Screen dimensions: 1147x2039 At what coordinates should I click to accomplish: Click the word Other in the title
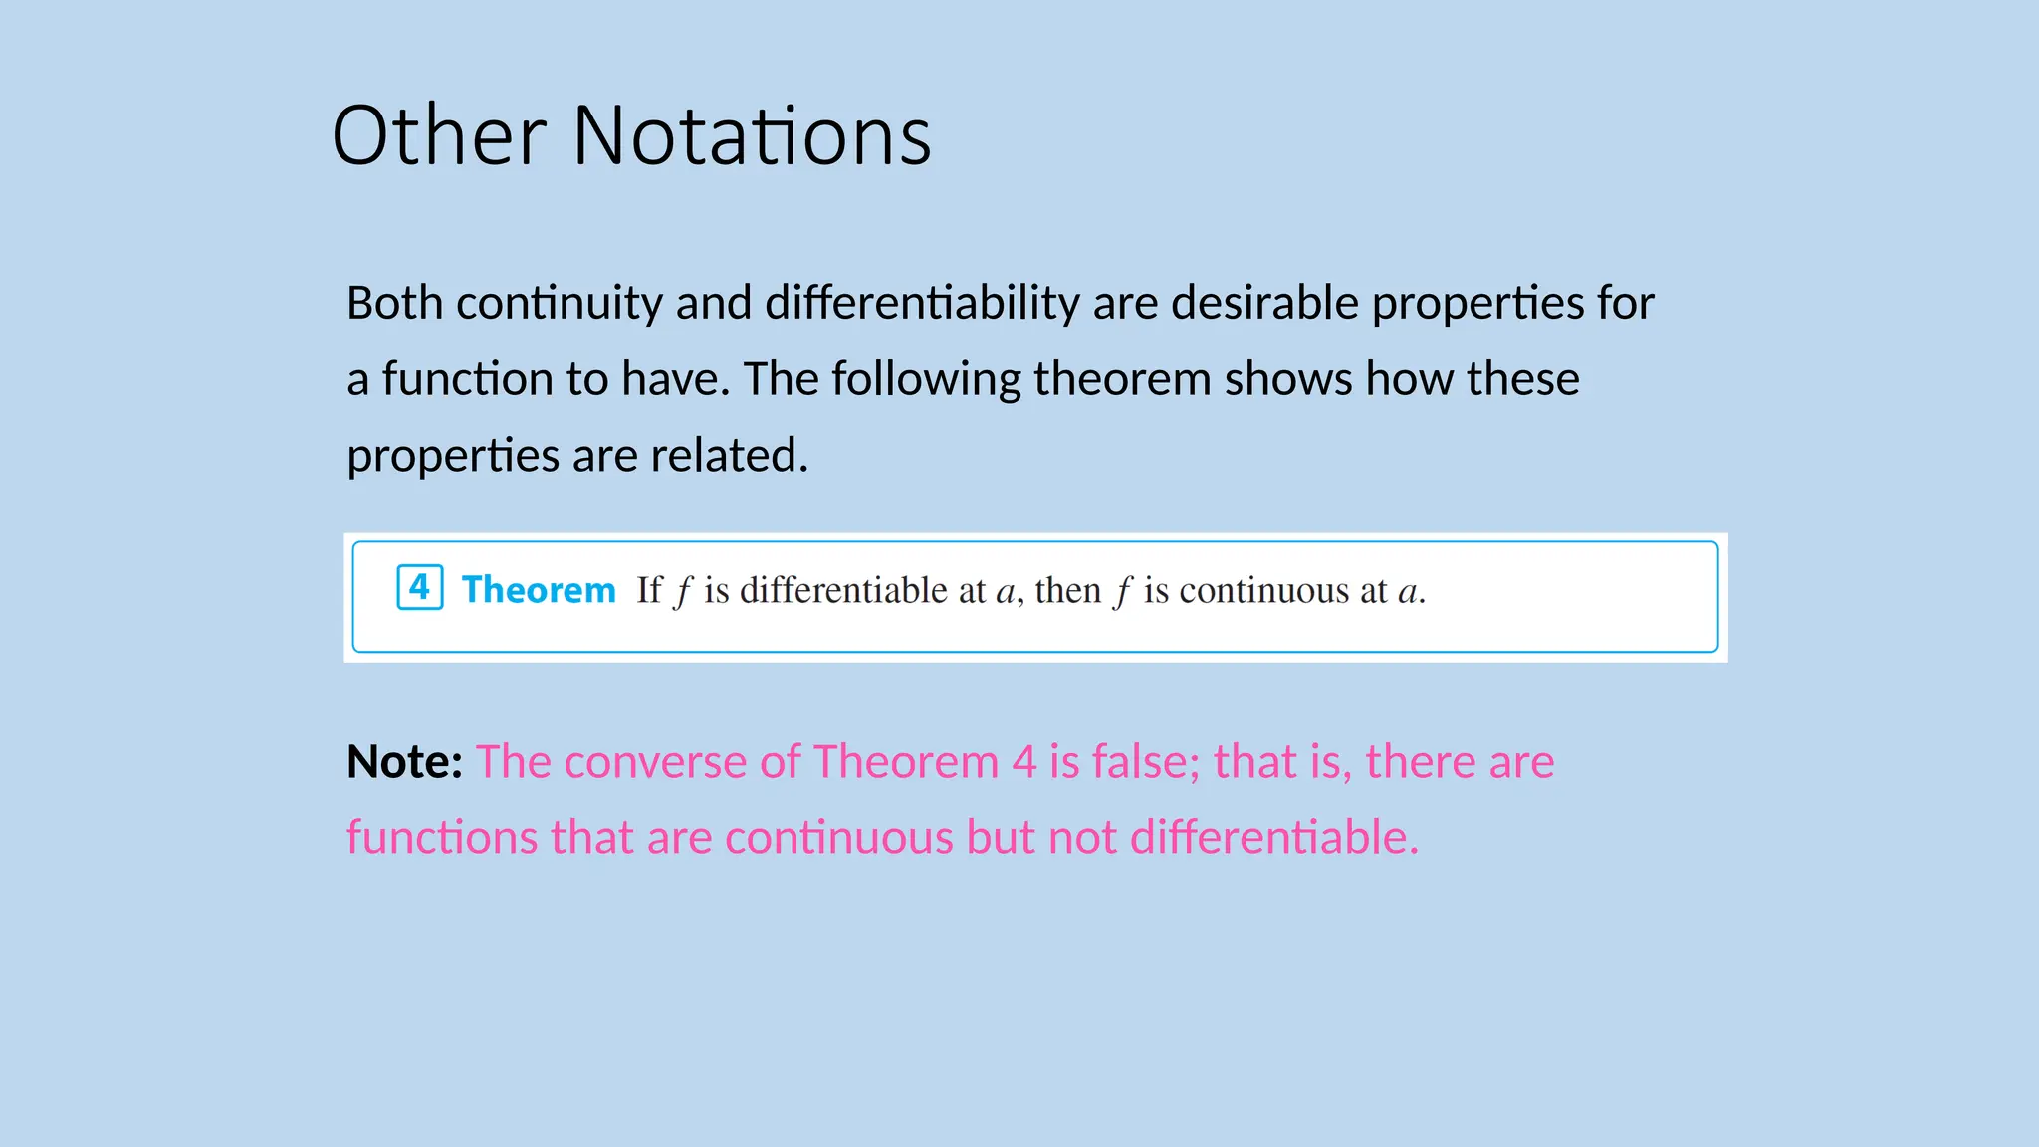click(x=438, y=136)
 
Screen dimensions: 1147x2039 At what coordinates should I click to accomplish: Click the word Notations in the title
click(x=752, y=136)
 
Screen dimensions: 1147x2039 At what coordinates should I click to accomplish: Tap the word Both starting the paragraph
click(x=394, y=303)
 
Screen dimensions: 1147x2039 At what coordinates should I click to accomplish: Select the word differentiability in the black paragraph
click(x=922, y=303)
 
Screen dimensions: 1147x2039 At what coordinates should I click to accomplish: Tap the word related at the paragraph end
click(x=729, y=456)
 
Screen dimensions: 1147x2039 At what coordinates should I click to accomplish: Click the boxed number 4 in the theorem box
click(x=419, y=587)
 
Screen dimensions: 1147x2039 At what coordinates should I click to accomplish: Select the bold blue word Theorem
click(x=539, y=590)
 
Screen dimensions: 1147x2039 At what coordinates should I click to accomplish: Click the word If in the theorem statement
click(x=649, y=590)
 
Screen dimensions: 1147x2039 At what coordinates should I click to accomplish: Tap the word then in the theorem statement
click(x=1067, y=590)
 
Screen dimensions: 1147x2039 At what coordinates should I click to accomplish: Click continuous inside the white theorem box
click(x=1263, y=590)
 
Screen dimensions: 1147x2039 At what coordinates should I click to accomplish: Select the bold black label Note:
click(x=404, y=762)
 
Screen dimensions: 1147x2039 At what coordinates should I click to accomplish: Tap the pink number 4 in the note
click(x=1024, y=762)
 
